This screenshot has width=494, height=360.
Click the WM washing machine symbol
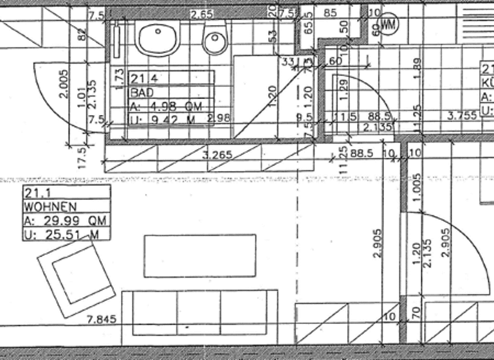coord(388,24)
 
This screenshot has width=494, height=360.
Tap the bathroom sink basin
coord(156,40)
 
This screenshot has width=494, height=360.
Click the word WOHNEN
coord(51,207)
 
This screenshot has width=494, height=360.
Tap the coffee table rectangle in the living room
coord(199,255)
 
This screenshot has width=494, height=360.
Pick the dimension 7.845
coord(103,319)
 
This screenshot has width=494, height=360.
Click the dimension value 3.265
coord(218,154)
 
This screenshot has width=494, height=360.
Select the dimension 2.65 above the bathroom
coord(201,14)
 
